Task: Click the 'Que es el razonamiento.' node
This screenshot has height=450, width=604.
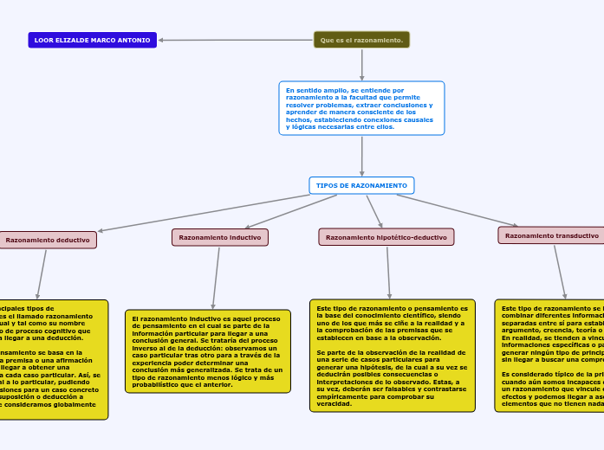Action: pyautogui.click(x=361, y=40)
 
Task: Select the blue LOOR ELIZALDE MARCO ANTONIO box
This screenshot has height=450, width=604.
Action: pyautogui.click(x=92, y=40)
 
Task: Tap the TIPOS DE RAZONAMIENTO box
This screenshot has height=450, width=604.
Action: pyautogui.click(x=361, y=185)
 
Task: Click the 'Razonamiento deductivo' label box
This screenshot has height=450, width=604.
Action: pyautogui.click(x=48, y=240)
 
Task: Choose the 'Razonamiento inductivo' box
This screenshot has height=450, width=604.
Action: pyautogui.click(x=220, y=237)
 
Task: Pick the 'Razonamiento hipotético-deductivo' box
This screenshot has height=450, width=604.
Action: pyautogui.click(x=386, y=237)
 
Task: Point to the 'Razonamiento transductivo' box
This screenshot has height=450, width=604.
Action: pyautogui.click(x=551, y=235)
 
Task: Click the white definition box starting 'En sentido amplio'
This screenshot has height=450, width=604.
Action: pyautogui.click(x=361, y=108)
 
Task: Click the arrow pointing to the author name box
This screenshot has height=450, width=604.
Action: pyautogui.click(x=234, y=40)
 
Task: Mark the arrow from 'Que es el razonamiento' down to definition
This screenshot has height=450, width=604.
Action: pyautogui.click(x=361, y=64)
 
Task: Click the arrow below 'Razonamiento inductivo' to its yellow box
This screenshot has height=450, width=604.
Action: pyautogui.click(x=217, y=277)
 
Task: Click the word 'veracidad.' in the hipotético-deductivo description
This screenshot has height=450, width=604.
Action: pyautogui.click(x=334, y=404)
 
